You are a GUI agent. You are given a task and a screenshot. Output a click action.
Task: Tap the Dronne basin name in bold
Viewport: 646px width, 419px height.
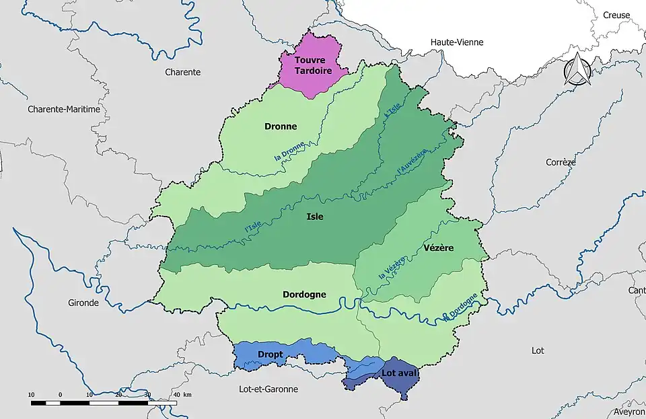point(281,126)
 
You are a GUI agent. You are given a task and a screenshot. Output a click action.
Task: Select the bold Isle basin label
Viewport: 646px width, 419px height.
point(314,217)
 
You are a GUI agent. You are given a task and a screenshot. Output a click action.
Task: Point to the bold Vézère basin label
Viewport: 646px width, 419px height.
point(439,248)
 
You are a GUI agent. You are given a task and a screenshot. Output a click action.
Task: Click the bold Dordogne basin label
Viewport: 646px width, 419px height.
point(304,295)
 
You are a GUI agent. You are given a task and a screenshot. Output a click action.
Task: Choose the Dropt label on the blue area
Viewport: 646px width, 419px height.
point(270,354)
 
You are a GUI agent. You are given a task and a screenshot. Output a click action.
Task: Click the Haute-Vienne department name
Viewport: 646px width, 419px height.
point(457,42)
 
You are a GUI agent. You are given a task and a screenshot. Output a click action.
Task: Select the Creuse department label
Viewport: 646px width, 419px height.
point(616,15)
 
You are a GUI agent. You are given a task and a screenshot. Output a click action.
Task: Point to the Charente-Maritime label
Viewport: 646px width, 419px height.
point(64,108)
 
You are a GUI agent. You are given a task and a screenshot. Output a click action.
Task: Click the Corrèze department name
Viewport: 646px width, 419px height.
point(560,162)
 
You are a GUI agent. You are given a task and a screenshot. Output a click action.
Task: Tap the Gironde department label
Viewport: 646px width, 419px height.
point(83,303)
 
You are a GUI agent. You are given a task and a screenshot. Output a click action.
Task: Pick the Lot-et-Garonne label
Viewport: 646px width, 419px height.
point(268,389)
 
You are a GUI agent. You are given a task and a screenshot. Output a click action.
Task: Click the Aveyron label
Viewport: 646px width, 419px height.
point(630,412)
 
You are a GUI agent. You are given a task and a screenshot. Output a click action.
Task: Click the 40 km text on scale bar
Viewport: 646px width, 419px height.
point(182,394)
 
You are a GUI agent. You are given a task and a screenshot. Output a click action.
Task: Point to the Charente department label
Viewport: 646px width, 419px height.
point(183,72)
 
